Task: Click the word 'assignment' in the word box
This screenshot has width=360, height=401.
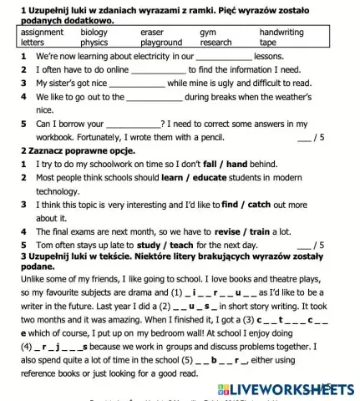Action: [42, 32]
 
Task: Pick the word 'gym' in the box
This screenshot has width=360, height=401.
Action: [209, 32]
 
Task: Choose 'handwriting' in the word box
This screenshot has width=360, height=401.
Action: [281, 32]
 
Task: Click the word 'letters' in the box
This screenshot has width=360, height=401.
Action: [33, 42]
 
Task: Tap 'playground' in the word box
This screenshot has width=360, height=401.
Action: [161, 42]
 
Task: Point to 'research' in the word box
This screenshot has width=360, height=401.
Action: [216, 42]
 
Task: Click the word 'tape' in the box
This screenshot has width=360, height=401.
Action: [268, 42]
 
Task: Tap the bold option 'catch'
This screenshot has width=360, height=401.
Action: [261, 204]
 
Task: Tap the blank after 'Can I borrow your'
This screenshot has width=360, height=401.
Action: [133, 124]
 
